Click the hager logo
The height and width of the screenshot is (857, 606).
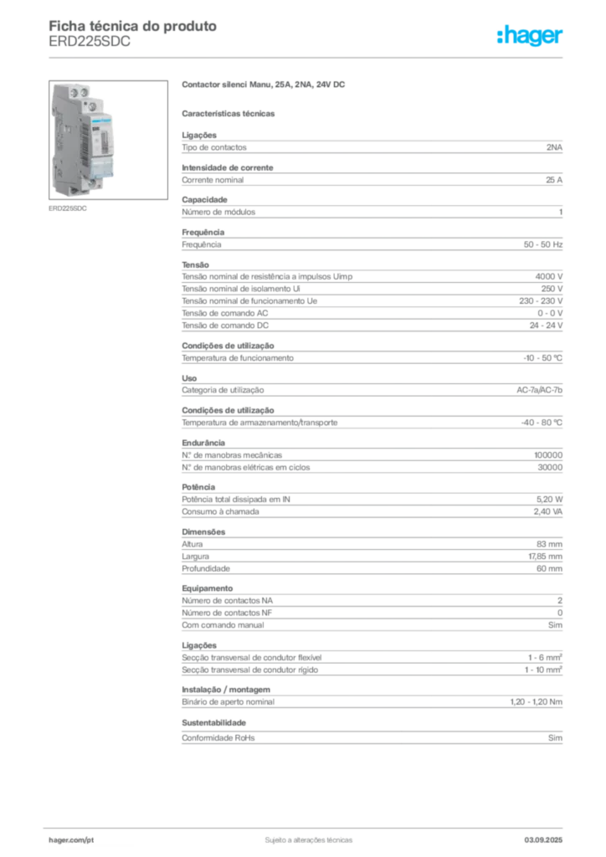click(529, 35)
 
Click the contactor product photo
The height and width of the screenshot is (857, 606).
click(108, 140)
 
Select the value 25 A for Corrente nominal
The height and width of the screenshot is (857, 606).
click(553, 180)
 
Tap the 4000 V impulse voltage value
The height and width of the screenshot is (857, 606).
click(548, 276)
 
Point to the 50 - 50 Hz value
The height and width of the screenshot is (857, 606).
click(542, 244)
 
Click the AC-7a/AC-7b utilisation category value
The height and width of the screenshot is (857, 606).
click(539, 390)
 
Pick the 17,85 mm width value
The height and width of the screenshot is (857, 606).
click(545, 557)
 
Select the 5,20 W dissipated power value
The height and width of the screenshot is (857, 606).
click(549, 500)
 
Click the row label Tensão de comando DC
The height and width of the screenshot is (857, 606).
click(225, 326)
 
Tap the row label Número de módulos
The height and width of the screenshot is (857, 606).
click(218, 212)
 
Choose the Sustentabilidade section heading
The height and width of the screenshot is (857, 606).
click(213, 722)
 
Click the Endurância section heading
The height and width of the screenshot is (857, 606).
click(203, 443)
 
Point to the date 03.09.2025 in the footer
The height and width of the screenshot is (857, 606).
click(543, 840)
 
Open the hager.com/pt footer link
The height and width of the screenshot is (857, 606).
click(71, 840)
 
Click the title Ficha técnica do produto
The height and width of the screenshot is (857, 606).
click(133, 26)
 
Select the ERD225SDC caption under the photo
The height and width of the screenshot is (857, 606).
click(68, 208)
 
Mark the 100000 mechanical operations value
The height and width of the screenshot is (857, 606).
click(548, 455)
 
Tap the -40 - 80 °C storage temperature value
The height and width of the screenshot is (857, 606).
click(542, 423)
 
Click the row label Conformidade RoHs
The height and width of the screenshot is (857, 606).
click(218, 738)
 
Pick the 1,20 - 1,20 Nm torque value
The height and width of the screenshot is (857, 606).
click(536, 702)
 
